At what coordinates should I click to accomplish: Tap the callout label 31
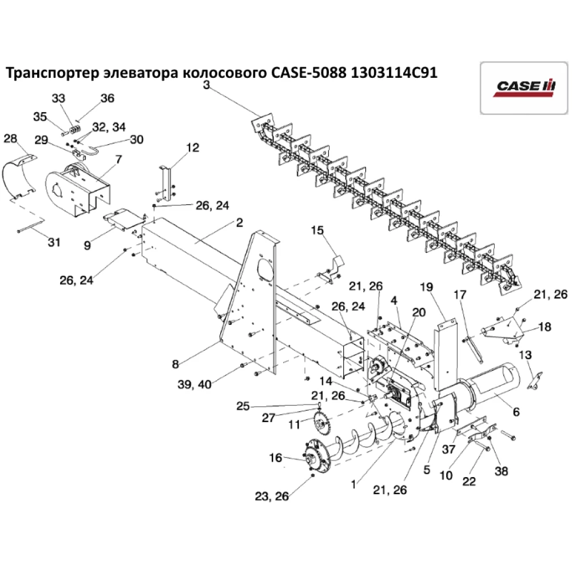click(53, 242)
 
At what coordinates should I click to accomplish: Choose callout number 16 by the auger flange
click(275, 458)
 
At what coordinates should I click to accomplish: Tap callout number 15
click(317, 230)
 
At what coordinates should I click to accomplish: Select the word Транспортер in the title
click(51, 73)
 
